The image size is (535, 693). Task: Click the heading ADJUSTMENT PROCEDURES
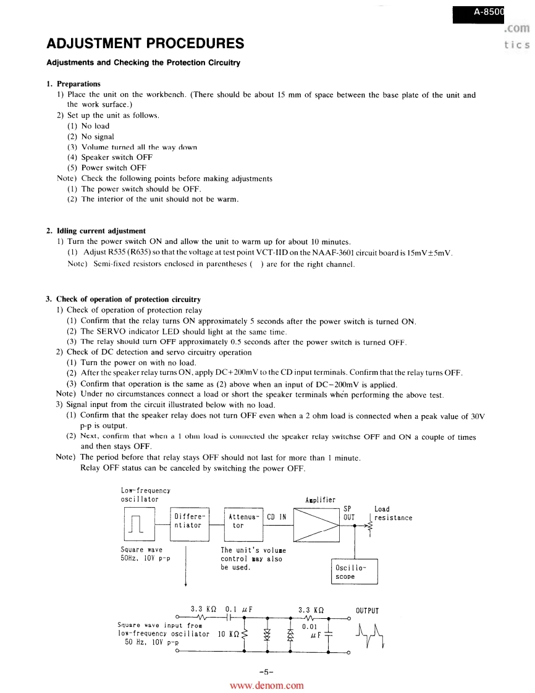pos(145,43)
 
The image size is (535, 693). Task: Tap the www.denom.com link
pos(267,686)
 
